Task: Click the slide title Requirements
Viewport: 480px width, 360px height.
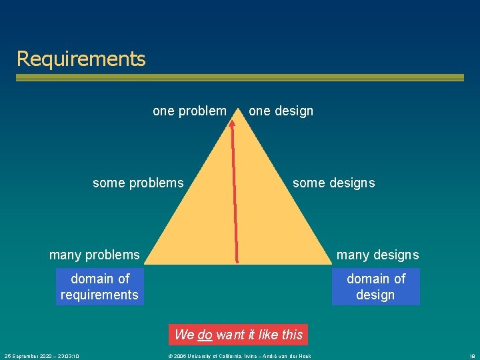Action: tap(81, 59)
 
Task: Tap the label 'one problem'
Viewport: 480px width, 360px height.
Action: tap(189, 111)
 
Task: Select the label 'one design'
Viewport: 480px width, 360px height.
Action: tap(281, 111)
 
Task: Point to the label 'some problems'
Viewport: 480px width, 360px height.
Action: tap(138, 183)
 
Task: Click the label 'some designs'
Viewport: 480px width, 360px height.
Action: tap(333, 183)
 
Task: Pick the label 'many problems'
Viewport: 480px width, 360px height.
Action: tap(95, 255)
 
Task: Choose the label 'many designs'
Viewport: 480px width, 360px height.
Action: tap(377, 255)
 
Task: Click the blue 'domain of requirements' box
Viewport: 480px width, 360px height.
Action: tap(100, 287)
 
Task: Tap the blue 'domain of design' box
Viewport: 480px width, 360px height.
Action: tap(376, 287)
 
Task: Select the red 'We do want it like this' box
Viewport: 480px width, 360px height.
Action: tap(239, 335)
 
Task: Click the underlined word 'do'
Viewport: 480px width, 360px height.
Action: tap(205, 335)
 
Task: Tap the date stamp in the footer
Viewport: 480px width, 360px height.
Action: tap(41, 356)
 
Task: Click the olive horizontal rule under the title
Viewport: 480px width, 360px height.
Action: tap(240, 77)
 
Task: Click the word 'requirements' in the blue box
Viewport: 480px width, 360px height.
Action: tap(99, 295)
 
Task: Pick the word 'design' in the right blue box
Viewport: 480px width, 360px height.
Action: tap(375, 295)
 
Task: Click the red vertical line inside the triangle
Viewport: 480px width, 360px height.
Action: tap(235, 200)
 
